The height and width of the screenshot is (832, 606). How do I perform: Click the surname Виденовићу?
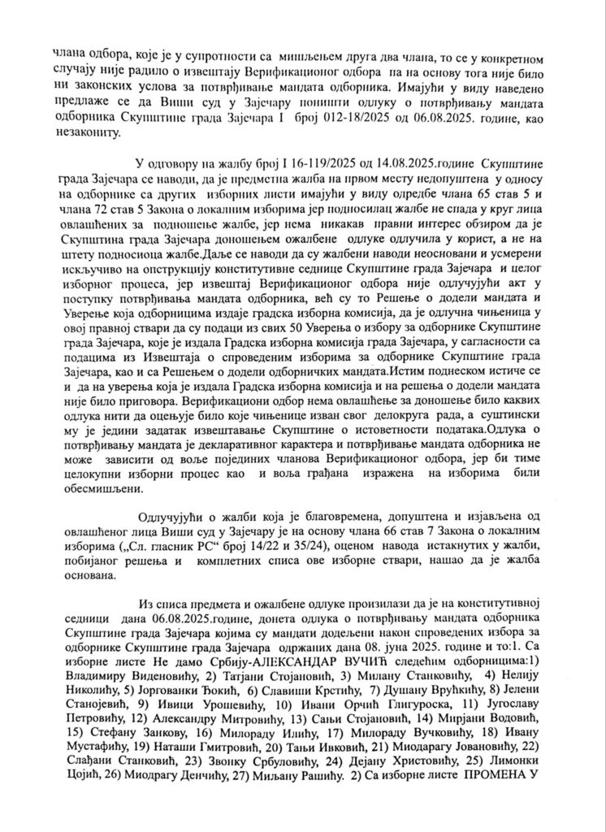[158, 680]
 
